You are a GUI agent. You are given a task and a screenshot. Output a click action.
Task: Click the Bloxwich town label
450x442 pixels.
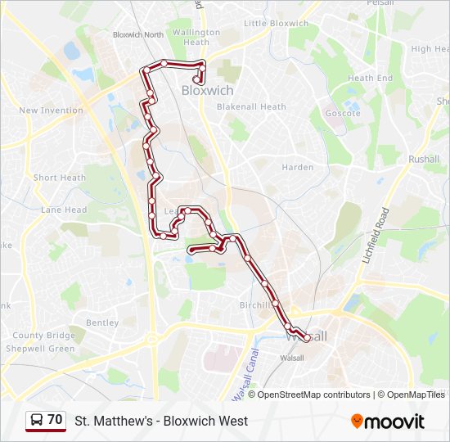(207, 91)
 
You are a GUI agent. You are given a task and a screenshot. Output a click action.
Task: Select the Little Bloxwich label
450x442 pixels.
(276, 24)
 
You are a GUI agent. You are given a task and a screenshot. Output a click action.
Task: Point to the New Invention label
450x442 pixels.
(51, 110)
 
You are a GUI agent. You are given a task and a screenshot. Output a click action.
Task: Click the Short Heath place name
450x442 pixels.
(59, 178)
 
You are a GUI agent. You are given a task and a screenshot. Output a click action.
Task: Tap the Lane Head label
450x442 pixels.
(64, 210)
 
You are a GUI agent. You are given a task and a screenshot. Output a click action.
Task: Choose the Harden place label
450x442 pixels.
(298, 168)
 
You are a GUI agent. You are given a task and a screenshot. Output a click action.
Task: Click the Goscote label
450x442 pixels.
(343, 113)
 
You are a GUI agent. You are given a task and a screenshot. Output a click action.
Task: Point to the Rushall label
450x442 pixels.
(424, 159)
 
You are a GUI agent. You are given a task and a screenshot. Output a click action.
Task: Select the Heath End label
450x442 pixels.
(371, 79)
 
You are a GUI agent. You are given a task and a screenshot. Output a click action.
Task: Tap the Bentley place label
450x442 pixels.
(102, 323)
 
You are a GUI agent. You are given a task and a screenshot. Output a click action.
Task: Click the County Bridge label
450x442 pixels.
(43, 336)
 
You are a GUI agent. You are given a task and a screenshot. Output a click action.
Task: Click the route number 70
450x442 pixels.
(55, 420)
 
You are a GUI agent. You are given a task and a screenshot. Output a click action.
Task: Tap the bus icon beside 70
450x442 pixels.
(37, 421)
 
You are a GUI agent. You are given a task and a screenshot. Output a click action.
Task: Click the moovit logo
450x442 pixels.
(388, 422)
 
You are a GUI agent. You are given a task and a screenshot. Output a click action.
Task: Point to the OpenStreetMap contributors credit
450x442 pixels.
(313, 395)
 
